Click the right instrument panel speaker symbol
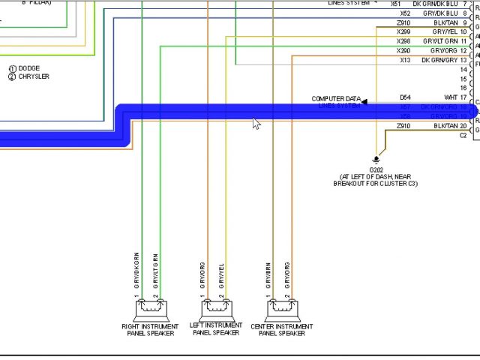150,309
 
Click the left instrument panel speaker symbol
216,309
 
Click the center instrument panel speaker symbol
283,309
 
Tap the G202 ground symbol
376,159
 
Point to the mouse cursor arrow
256,123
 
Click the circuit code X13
404,60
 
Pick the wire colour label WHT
451,97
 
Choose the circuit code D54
405,97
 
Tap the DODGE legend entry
28,69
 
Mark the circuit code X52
404,13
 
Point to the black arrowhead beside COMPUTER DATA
364,101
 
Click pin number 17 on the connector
464,97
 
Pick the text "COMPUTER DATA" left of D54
336,98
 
